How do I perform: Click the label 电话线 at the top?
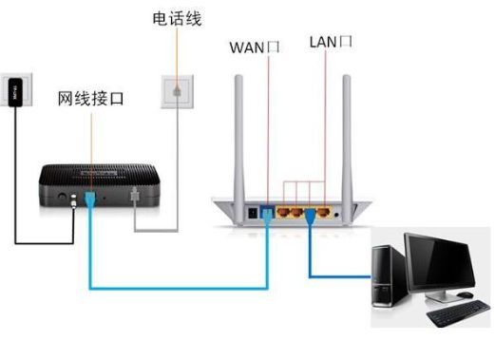[x=177, y=18]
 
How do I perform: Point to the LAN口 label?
[x=332, y=43]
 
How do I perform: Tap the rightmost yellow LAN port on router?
[x=326, y=212]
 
